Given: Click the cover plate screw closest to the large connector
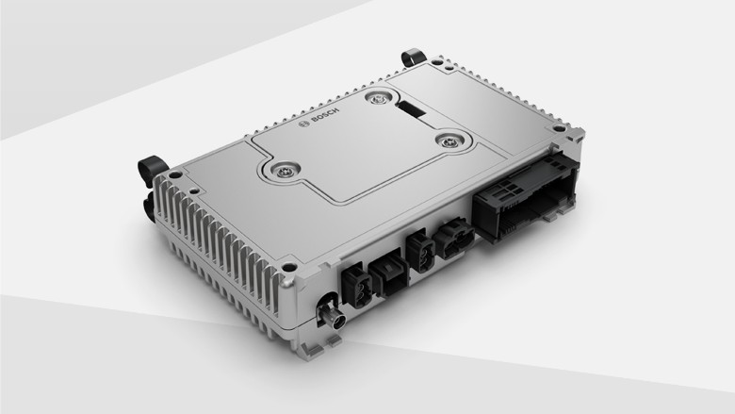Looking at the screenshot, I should point(446,140).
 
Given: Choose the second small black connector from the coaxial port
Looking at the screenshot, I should point(388,274).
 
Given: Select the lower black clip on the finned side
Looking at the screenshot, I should point(149,202).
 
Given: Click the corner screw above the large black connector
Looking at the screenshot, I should point(559,128).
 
